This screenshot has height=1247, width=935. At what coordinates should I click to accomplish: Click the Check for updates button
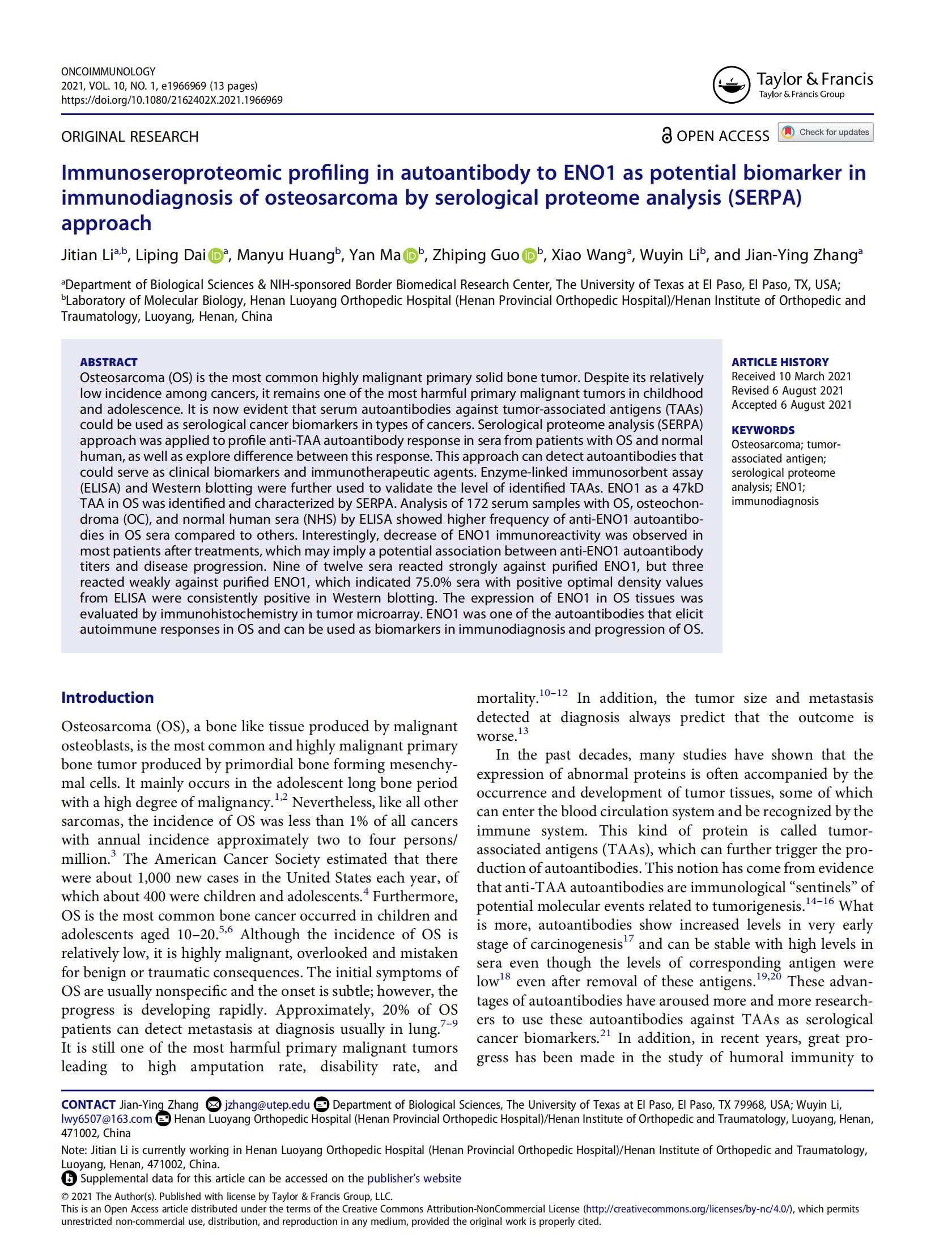(x=825, y=132)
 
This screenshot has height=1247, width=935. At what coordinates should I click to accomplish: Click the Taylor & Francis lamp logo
(x=730, y=85)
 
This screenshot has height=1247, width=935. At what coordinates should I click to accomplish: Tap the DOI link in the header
(x=172, y=100)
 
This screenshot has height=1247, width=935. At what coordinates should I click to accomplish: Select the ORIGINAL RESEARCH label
(x=130, y=137)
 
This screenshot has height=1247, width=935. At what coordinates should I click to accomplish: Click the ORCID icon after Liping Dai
(x=215, y=256)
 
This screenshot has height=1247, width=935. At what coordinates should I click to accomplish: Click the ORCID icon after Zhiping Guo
(x=529, y=256)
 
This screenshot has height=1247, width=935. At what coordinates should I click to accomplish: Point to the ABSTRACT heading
(x=109, y=362)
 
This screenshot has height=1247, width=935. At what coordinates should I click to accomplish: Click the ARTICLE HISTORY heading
(x=780, y=362)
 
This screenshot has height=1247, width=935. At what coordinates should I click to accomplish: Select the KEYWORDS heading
(x=763, y=430)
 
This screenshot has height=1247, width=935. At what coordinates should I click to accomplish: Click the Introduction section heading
(x=107, y=697)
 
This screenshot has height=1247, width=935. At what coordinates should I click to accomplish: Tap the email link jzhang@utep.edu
(x=267, y=1105)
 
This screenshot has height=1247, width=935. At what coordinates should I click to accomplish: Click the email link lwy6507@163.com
(x=107, y=1119)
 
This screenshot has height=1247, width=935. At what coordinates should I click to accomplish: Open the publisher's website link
(x=414, y=1178)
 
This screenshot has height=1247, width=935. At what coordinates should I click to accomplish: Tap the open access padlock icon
(x=666, y=136)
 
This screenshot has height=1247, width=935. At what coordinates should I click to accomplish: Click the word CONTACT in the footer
(x=88, y=1105)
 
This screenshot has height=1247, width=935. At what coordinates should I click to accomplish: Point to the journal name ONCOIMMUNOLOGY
(x=108, y=72)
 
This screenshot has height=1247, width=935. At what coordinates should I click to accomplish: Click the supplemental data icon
(x=69, y=1179)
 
